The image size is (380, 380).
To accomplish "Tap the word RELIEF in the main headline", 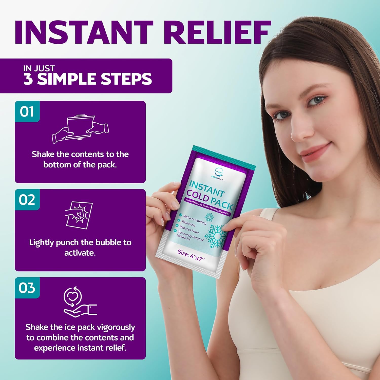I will pos(219,32).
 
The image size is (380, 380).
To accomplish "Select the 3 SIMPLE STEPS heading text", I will pos(88,79).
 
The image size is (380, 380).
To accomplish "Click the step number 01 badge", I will pos(27,111).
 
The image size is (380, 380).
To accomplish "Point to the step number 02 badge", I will pos(27,200).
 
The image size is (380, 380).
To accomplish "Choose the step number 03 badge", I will pos(27,288).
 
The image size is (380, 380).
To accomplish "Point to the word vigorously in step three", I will pos(117,327).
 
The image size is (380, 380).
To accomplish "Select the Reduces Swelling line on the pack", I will pos(195,219).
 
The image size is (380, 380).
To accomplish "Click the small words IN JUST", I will pos(39,68).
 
